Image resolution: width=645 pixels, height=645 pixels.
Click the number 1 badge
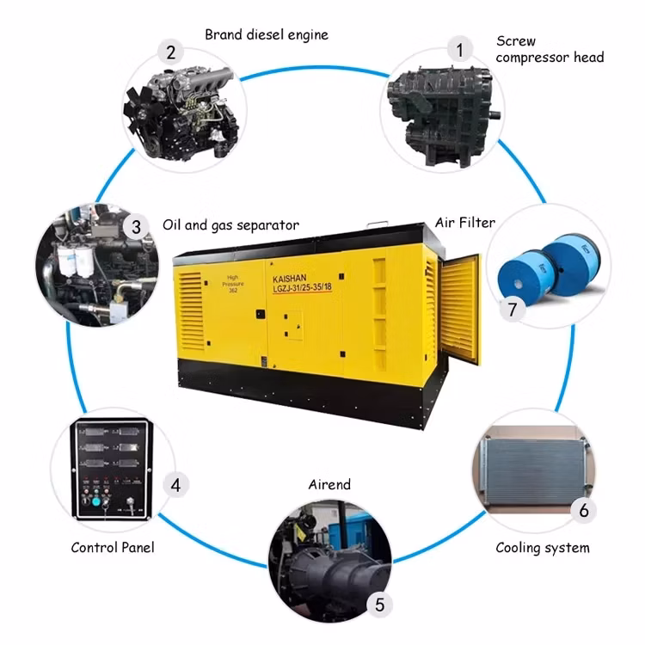[459, 50]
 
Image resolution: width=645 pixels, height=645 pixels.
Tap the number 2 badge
[171, 52]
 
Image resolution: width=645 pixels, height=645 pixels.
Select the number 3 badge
[136, 227]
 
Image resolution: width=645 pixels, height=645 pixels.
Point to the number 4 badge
[175, 485]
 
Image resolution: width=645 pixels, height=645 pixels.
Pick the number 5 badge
[380, 605]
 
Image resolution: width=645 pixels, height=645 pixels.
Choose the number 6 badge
[584, 510]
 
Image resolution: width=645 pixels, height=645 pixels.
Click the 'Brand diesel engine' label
[266, 35]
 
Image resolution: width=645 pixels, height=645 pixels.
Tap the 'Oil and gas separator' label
[230, 225]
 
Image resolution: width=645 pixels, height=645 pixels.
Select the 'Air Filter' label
[465, 223]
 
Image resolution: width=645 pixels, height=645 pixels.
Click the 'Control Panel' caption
[113, 547]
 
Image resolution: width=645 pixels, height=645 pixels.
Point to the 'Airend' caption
[329, 485]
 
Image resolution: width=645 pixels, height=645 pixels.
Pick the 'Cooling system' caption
[543, 548]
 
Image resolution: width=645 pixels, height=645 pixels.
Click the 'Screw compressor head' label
[550, 49]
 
